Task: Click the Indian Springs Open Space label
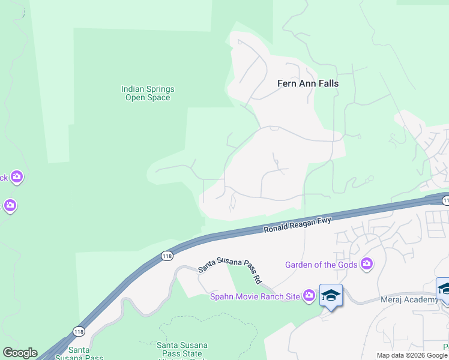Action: click(148, 93)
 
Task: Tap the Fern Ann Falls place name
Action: click(307, 83)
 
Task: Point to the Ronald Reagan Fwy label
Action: click(297, 226)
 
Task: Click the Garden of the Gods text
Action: click(321, 265)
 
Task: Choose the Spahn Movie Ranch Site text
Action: click(255, 296)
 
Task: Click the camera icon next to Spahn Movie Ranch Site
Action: click(309, 295)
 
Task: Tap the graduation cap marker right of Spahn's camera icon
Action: click(330, 295)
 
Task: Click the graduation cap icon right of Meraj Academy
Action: click(444, 289)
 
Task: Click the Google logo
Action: click(20, 353)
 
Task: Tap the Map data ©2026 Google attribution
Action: click(412, 355)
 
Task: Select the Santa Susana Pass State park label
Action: click(182, 349)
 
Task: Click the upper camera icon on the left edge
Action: click(16, 176)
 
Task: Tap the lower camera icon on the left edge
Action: click(9, 206)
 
